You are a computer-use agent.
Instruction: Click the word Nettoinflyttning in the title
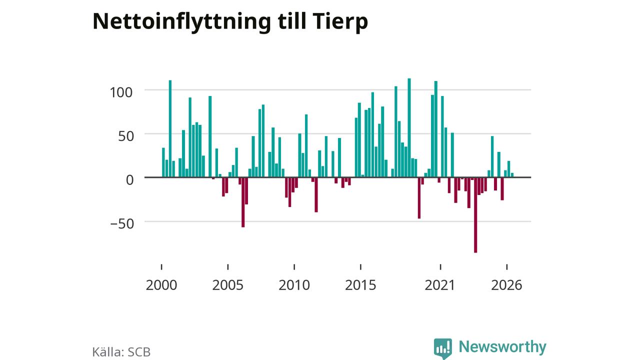click(x=181, y=22)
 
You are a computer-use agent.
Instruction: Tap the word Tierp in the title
click(x=340, y=22)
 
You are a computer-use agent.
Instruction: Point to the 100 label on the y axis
click(x=121, y=92)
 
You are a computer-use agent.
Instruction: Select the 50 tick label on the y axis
click(x=126, y=136)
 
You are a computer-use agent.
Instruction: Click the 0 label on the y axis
click(x=129, y=180)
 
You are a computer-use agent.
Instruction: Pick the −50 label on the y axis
click(x=122, y=223)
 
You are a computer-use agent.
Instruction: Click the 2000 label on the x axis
click(x=161, y=285)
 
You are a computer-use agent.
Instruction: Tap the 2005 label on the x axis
click(x=227, y=285)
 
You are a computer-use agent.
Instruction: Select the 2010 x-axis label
click(x=294, y=285)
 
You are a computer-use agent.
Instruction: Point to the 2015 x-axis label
click(x=360, y=285)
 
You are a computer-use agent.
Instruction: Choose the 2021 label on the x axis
click(x=439, y=285)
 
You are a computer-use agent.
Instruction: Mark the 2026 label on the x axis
click(x=506, y=285)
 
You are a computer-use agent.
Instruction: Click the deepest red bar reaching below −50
click(x=475, y=215)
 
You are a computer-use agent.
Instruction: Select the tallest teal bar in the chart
click(x=409, y=127)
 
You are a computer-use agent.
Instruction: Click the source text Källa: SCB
click(x=121, y=351)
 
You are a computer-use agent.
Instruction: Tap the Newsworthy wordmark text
click(x=502, y=347)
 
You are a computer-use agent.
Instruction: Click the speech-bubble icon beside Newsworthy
click(x=443, y=348)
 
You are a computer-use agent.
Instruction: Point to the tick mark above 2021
click(x=440, y=267)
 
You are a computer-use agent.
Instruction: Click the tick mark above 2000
click(x=161, y=267)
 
